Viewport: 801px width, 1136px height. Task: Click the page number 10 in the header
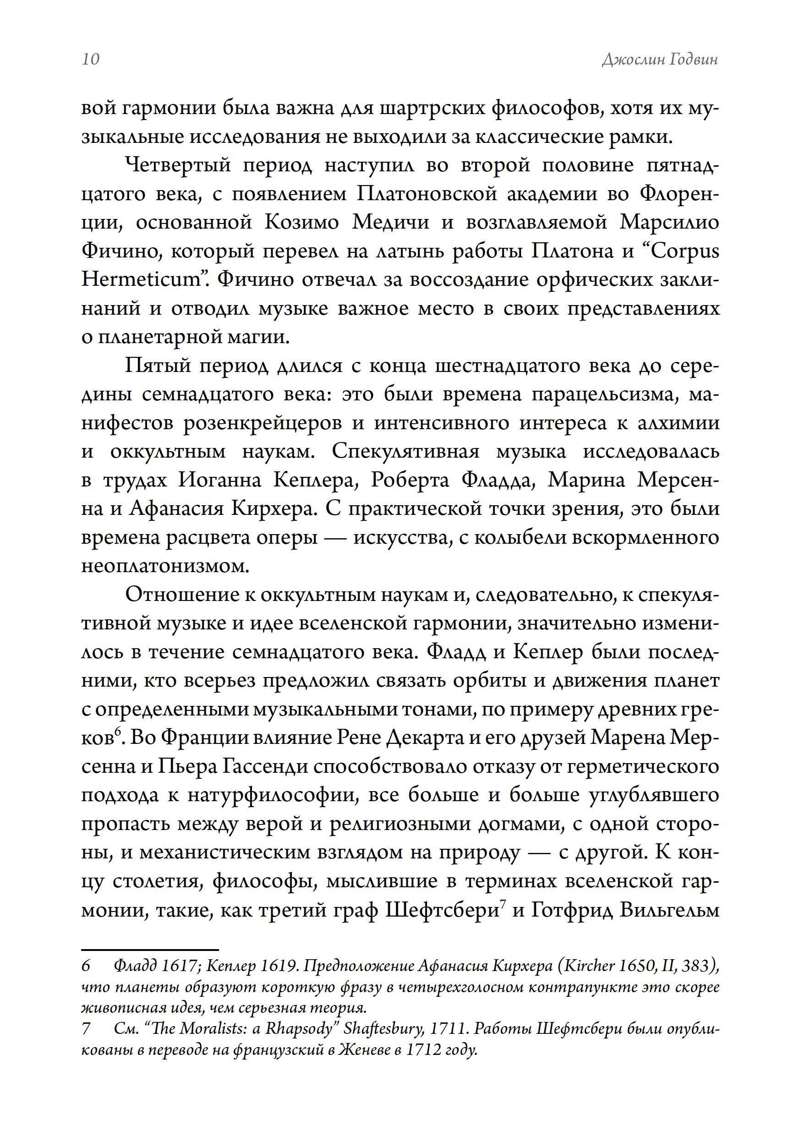coord(91,59)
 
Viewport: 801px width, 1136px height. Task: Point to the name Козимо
coord(302,223)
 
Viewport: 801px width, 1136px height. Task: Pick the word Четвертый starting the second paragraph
coord(179,165)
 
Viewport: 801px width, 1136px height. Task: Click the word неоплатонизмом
coord(165,567)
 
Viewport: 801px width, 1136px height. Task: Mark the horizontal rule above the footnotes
coord(150,950)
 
